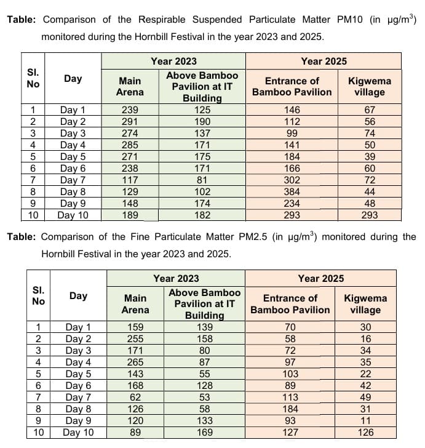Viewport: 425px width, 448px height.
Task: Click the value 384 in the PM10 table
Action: [x=292, y=191]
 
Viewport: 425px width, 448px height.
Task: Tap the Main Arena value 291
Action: [x=130, y=121]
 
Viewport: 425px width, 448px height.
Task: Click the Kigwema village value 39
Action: [x=369, y=156]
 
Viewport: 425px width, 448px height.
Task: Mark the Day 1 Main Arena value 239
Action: [x=130, y=110]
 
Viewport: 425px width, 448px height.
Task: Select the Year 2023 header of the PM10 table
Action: [x=173, y=61]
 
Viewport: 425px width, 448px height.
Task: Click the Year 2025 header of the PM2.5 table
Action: [x=320, y=279]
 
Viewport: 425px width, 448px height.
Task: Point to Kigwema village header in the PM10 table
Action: [x=369, y=87]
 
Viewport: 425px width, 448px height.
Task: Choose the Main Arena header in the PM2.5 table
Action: [x=135, y=304]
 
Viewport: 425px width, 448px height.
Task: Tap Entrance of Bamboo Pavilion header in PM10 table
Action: [x=292, y=87]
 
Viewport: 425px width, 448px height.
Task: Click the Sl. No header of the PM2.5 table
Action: [x=38, y=295]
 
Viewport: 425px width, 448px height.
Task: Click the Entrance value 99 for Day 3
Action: [x=292, y=133]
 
